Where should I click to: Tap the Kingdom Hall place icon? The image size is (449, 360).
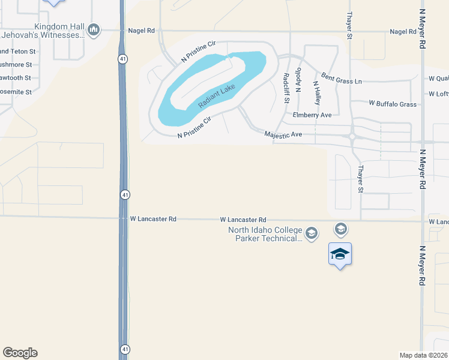(93, 29)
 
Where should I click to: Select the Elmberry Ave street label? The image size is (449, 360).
(312, 115)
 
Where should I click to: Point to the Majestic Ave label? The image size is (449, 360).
(283, 135)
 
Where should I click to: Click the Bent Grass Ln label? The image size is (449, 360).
(342, 78)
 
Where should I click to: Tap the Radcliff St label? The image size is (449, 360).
(286, 87)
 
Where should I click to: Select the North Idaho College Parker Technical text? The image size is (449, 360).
(265, 234)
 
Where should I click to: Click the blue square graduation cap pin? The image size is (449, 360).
(340, 254)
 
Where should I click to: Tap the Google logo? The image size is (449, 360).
(20, 353)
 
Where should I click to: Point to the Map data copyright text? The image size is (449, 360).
(424, 355)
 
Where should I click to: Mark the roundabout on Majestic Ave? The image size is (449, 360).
(351, 136)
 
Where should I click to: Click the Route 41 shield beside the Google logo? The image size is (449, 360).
(124, 349)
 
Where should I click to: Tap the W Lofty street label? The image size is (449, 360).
(438, 94)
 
